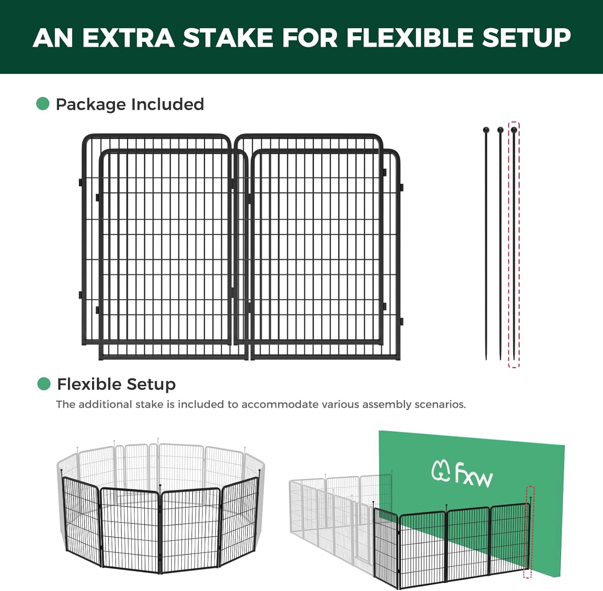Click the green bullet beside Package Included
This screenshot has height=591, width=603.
(43, 104)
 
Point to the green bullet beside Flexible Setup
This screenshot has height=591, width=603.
(43, 384)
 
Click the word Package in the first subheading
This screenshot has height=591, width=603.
(90, 105)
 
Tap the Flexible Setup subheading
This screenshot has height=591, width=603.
(116, 384)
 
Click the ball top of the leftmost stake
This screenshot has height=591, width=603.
(486, 130)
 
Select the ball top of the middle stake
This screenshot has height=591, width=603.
(500, 130)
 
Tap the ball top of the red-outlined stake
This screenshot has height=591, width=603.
(514, 130)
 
